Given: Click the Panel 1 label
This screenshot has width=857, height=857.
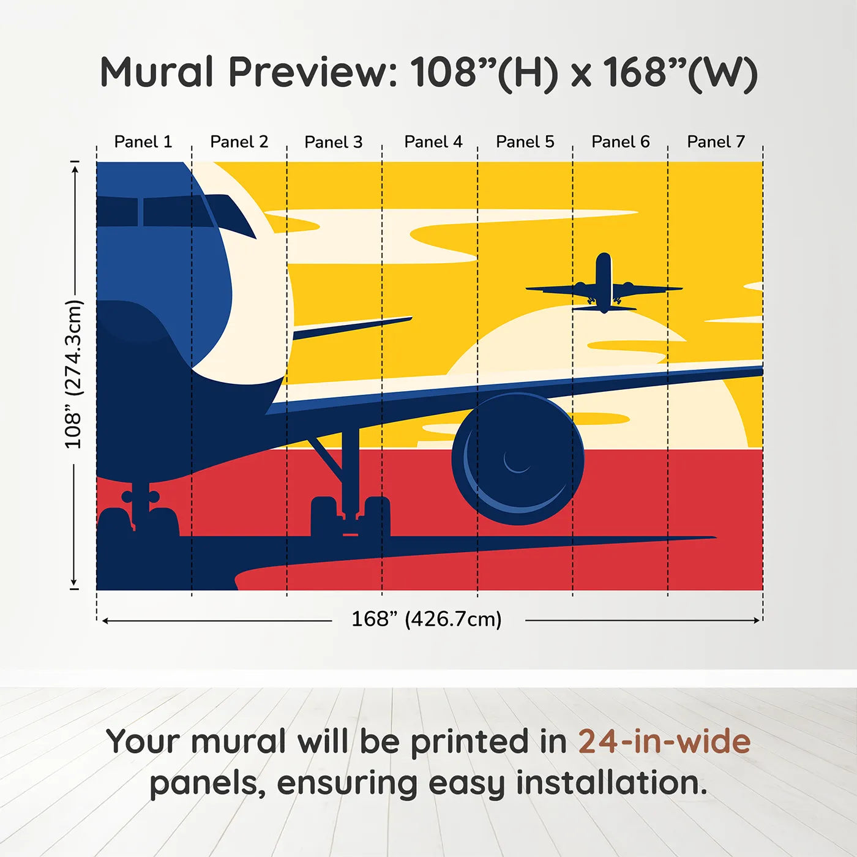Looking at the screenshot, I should pos(143,142).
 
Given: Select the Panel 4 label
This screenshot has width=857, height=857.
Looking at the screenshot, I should pos(433,142).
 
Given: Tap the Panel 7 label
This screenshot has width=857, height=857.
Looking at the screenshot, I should pos(716,142).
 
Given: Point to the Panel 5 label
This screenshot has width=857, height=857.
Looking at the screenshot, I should pos(525,142).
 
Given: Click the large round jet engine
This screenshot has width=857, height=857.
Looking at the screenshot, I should pos(518,459).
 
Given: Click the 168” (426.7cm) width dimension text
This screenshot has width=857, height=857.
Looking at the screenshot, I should pos(426,619).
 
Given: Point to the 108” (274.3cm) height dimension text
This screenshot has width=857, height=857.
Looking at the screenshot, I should pos(73,374).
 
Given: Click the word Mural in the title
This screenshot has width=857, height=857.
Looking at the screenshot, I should pos(157,72).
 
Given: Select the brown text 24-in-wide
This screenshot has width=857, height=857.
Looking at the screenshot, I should pos(664,742).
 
